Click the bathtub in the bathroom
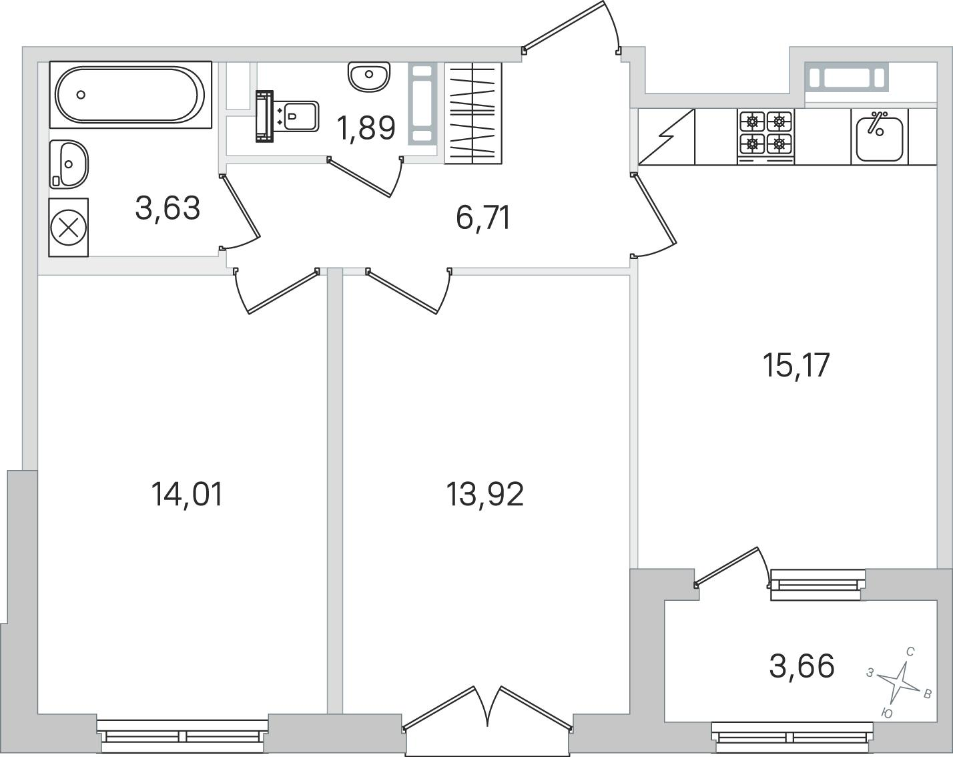coord(130,95)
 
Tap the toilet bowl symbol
coord(288,117)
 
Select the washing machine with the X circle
coord(69,227)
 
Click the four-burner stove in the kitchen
coord(765,137)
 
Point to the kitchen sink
coord(879,137)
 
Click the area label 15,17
coord(796,365)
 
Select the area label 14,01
coord(186,494)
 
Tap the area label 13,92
coord(485,494)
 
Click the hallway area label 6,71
coord(483,218)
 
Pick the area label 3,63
coord(168,208)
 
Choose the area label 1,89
coord(366,128)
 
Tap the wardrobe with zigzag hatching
coord(473,113)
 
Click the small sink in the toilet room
coord(369,77)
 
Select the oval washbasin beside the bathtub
coord(69,164)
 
